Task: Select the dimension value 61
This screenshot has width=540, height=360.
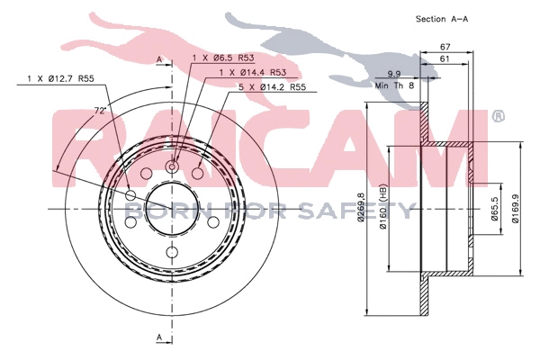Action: [x=445, y=58]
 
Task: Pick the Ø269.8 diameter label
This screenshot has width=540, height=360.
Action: [x=362, y=211]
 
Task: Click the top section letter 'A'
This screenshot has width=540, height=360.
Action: [x=158, y=59]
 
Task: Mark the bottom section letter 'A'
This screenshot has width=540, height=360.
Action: [x=158, y=337]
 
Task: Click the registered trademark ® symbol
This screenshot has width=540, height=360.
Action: [x=499, y=116]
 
